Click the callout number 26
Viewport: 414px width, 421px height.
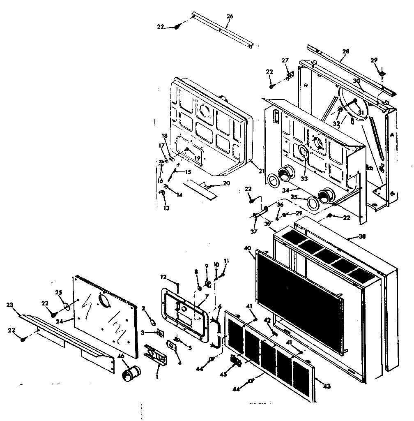pos(230,16)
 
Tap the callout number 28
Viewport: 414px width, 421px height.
pos(345,51)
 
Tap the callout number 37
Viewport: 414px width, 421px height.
pos(254,231)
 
